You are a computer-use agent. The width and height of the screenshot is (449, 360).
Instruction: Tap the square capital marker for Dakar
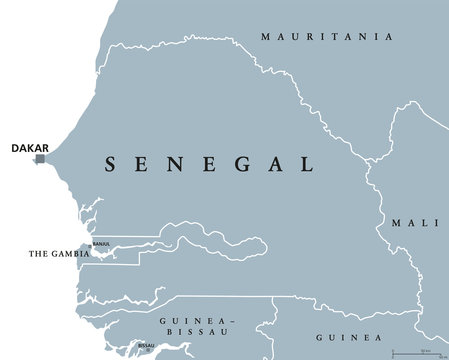coord(40,158)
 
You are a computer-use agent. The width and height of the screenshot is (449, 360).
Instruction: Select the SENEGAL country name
coord(209,162)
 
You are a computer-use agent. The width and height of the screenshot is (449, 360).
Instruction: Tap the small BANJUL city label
coord(101,243)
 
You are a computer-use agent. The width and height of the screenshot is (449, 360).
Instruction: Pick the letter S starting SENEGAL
coord(113,162)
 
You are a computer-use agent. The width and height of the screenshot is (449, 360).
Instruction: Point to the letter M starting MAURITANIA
coord(265,37)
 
